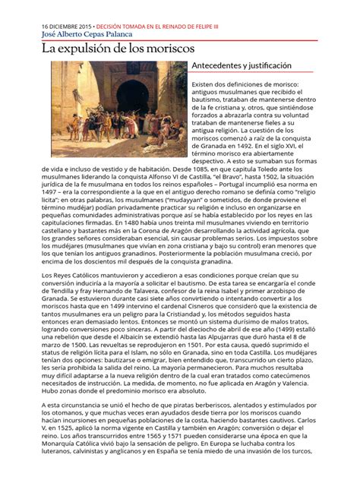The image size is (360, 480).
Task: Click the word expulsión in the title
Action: pos(90,49)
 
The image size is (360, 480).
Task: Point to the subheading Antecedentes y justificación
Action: pos(242,67)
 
